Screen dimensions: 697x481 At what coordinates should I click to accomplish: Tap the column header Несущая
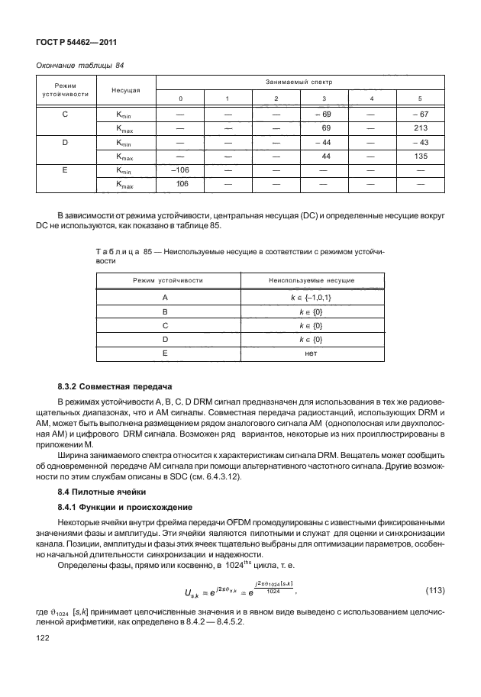pyautogui.click(x=124, y=90)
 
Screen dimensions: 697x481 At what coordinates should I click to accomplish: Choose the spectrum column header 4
pyautogui.click(x=371, y=99)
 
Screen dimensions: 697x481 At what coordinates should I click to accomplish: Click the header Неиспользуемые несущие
pyautogui.click(x=310, y=281)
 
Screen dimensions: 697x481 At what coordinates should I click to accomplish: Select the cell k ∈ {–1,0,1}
pyautogui.click(x=310, y=298)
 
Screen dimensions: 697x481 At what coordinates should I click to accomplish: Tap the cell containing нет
pyautogui.click(x=310, y=353)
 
